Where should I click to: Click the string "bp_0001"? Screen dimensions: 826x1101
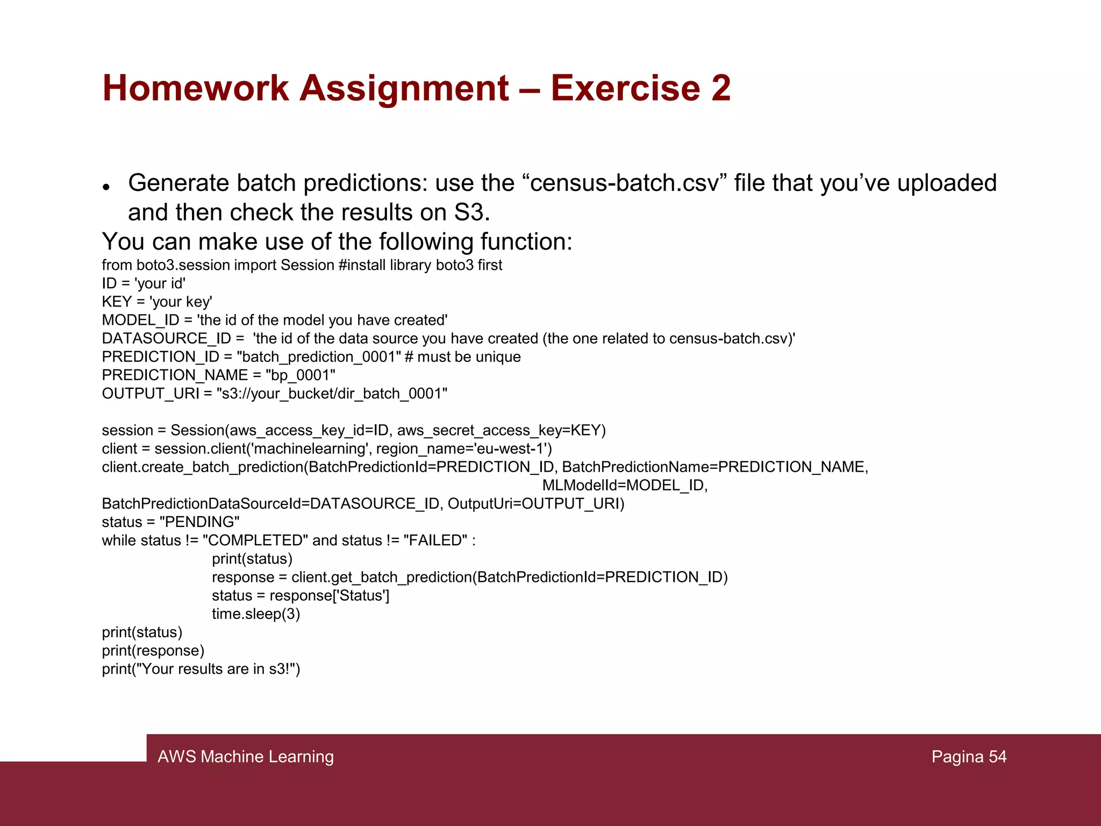pos(301,375)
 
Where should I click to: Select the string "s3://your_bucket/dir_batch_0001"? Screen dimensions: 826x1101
pos(332,394)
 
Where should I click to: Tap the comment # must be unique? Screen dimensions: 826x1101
pos(463,357)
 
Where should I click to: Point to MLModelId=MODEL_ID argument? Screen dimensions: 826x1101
pos(624,485)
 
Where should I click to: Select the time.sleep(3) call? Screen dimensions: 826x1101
pos(256,614)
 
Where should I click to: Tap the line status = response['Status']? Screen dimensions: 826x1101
pos(301,595)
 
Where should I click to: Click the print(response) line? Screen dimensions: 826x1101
pos(153,651)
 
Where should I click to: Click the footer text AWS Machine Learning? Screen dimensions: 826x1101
pos(246,757)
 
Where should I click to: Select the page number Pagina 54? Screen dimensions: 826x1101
pos(969,757)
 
